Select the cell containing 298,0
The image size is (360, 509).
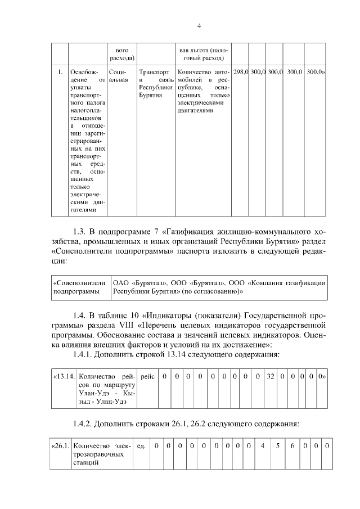pyautogui.click(x=241, y=72)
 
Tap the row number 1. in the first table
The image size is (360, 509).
pyautogui.click(x=60, y=72)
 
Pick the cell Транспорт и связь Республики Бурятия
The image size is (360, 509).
pyautogui.click(x=155, y=84)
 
